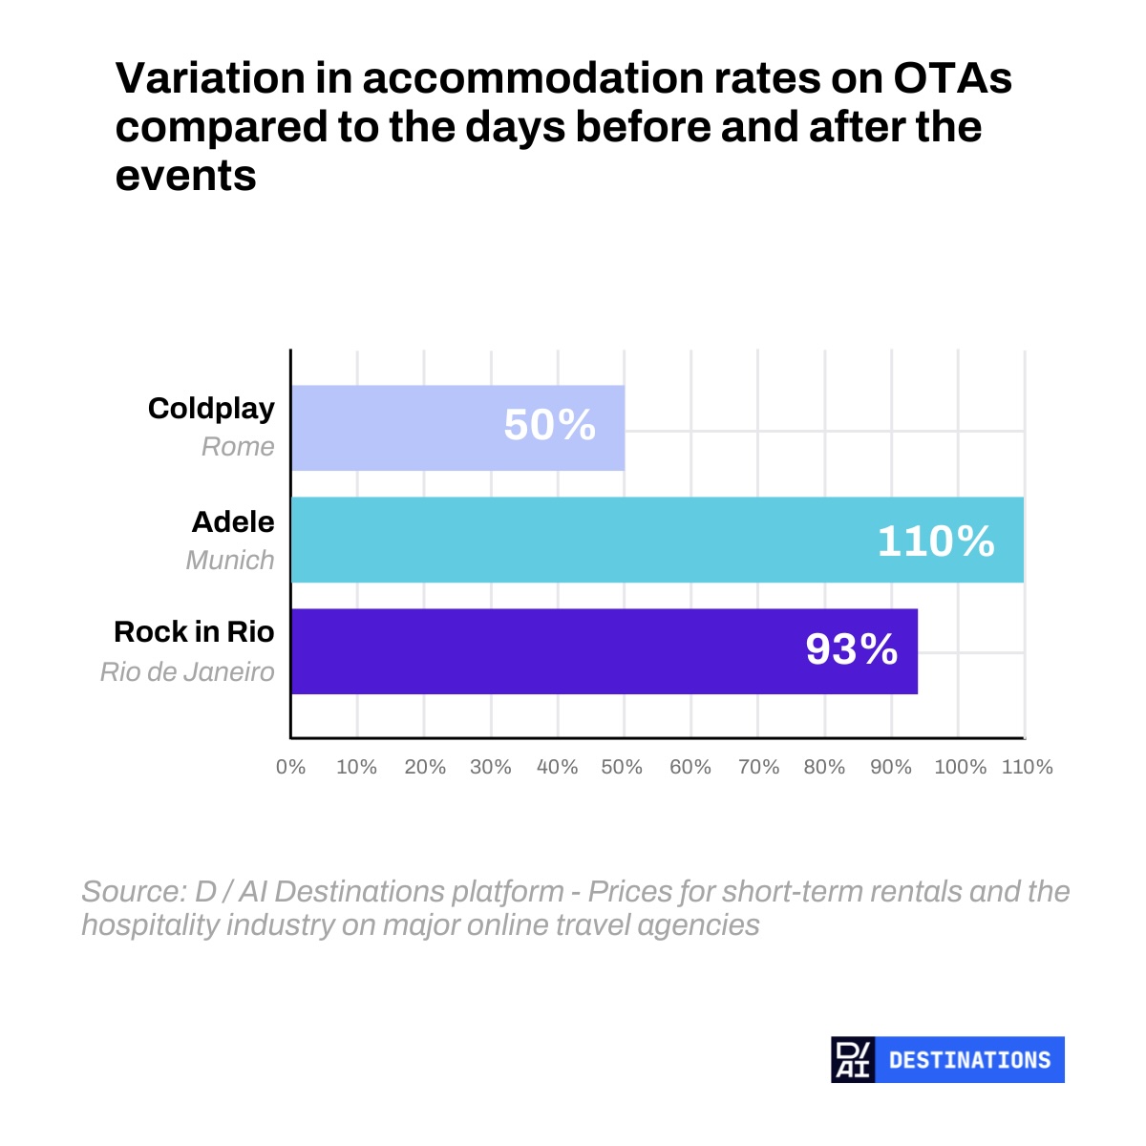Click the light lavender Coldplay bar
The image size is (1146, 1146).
pos(457,428)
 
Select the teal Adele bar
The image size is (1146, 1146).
pos(657,540)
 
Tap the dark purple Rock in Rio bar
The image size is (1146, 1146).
pos(605,651)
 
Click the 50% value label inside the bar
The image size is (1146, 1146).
pos(549,425)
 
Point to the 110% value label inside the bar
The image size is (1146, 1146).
pos(936,541)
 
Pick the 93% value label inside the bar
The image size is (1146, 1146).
pos(852,648)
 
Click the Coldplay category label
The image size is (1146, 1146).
pos(211,409)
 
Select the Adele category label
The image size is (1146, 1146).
pos(233,522)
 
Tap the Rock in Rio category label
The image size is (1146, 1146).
pos(194,631)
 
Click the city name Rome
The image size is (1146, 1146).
pos(238,447)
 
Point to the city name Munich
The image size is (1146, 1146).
pos(230,561)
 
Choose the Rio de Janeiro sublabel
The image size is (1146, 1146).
pos(187,672)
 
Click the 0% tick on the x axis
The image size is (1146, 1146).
pos(291,767)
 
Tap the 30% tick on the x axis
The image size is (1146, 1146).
pos(491,767)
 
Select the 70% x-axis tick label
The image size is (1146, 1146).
pos(759,767)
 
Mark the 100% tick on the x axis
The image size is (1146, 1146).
pos(961,767)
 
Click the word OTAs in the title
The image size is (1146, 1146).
pos(952,78)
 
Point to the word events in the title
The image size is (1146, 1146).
pos(185,176)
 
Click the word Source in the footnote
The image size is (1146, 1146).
pos(135,891)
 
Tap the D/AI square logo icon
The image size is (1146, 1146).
pos(853,1060)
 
